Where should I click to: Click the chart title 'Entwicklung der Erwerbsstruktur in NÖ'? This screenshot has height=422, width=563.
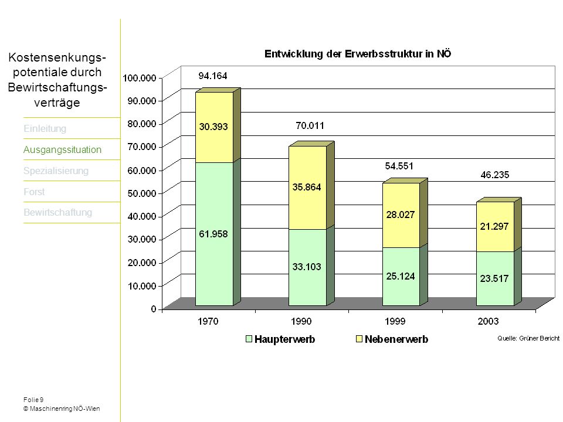click(358, 54)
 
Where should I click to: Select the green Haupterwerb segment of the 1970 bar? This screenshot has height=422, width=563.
click(215, 234)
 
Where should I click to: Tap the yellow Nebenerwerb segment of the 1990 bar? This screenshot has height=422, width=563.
click(308, 188)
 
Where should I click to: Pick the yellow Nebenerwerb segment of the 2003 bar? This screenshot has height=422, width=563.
click(495, 227)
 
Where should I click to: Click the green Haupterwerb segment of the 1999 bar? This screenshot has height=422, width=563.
click(401, 277)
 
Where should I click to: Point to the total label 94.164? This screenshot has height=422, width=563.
click(213, 76)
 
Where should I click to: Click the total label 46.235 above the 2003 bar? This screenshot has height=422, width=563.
click(495, 175)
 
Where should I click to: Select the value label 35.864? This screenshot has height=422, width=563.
click(307, 187)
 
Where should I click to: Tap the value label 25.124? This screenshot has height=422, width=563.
click(401, 276)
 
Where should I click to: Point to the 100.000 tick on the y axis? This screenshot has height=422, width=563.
click(140, 78)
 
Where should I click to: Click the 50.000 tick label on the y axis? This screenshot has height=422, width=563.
click(142, 193)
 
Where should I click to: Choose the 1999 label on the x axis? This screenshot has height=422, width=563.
click(395, 321)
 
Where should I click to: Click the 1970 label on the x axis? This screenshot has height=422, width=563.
click(208, 321)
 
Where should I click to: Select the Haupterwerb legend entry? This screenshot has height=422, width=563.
click(280, 339)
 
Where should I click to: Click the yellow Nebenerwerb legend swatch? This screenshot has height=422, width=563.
click(359, 339)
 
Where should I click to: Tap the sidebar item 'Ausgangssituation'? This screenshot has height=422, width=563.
click(63, 149)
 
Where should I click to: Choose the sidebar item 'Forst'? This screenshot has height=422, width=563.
click(34, 192)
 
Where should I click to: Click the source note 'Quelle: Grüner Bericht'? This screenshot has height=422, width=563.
click(528, 338)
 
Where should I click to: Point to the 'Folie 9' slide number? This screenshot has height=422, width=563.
click(33, 400)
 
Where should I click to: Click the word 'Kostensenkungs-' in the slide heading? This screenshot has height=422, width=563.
click(57, 57)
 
